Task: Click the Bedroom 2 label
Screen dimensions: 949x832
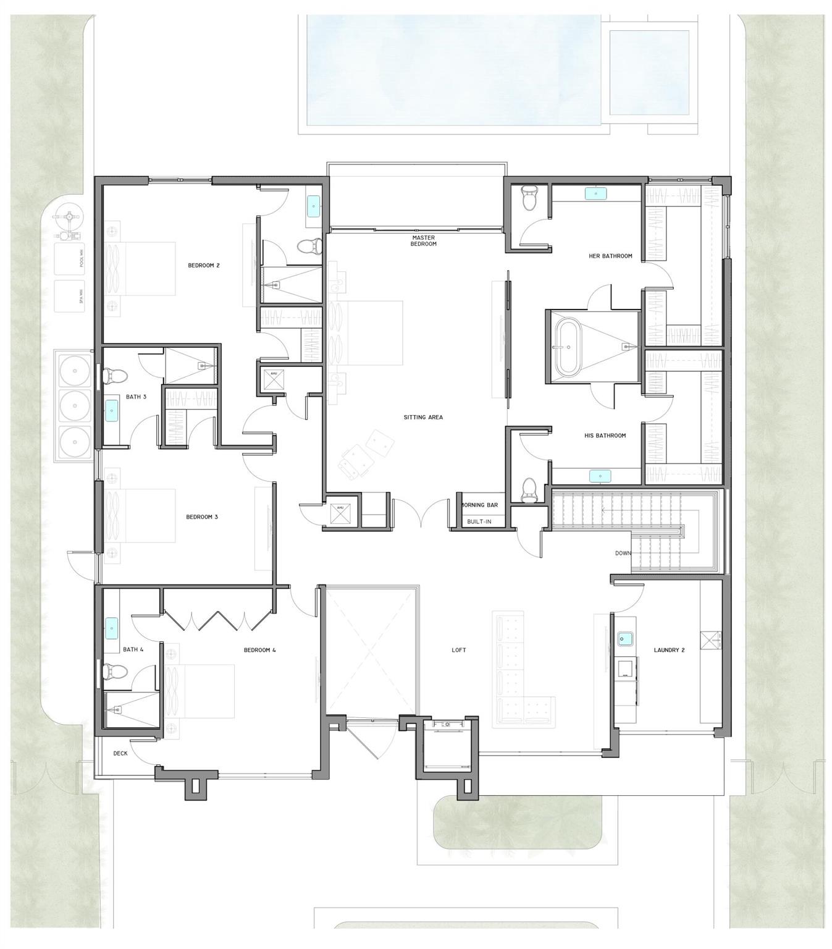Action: [x=204, y=266]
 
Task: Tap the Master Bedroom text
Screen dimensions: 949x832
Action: [x=423, y=241]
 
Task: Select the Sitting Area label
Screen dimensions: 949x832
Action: [x=423, y=418]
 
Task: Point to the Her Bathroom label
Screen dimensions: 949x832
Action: [x=610, y=256]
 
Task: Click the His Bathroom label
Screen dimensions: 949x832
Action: [x=605, y=436]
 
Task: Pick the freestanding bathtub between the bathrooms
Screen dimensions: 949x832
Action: [x=567, y=347]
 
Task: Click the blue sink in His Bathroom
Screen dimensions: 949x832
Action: [x=599, y=476]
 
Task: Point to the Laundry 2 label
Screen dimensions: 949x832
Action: [x=669, y=650]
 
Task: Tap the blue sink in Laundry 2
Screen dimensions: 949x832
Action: [x=624, y=638]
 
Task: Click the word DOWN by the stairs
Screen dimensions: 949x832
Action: [x=623, y=553]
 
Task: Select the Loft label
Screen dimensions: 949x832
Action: [x=458, y=650]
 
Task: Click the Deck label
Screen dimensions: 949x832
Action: [x=120, y=753]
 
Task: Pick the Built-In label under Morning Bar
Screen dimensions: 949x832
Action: [x=479, y=521]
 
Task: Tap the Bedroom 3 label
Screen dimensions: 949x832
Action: [x=202, y=517]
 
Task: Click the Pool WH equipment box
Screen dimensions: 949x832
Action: [x=70, y=259]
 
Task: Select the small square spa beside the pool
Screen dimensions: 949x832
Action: [x=649, y=72]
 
